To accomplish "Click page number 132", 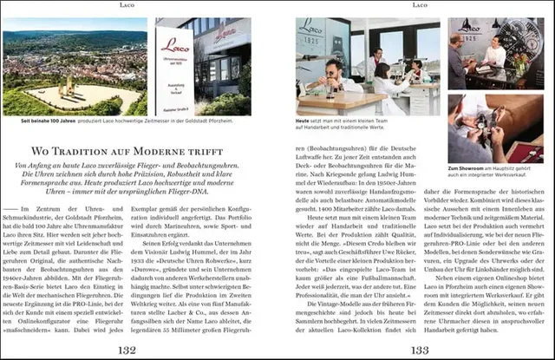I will tap(127, 349).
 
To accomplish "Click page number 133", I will tap(420, 349).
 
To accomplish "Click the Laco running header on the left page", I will tap(127, 5).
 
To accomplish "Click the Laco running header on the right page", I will tap(420, 5).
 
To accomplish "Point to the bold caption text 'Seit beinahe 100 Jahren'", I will tap(47, 121).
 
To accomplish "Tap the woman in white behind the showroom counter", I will tap(494, 52).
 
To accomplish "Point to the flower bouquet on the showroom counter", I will tap(539, 69).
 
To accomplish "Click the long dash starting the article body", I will tap(10, 210).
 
